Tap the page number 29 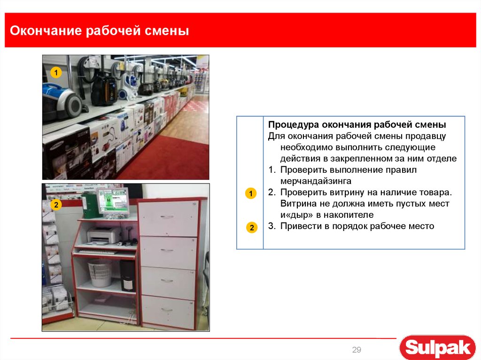coord(357,350)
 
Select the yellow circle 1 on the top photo coord(56,73)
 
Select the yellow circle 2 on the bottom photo coord(56,205)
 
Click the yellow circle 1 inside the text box coord(251,194)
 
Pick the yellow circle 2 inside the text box coord(251,228)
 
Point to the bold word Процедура coord(294,125)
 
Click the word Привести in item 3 coord(299,226)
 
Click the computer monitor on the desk coord(113,201)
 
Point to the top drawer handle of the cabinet coord(167,217)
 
